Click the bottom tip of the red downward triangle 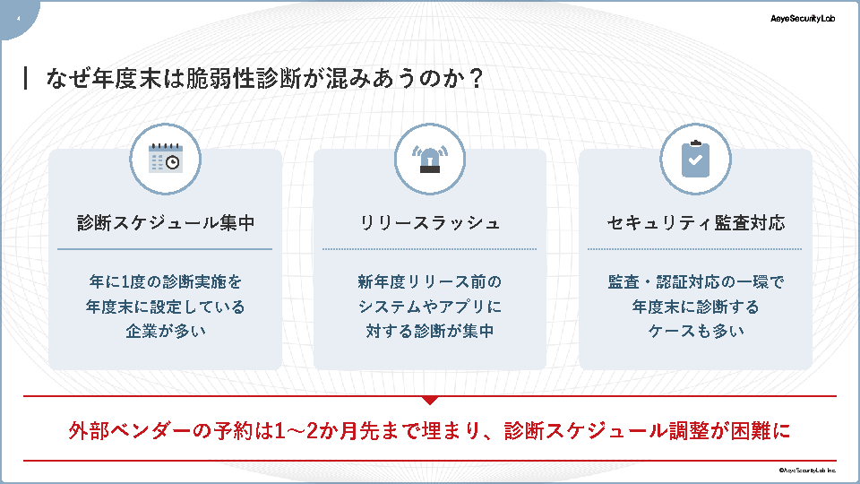coord(430,405)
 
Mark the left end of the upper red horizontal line coord(23,395)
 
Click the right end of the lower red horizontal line coord(837,461)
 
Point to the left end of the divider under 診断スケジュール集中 coord(57,249)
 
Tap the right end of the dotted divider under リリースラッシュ coord(537,249)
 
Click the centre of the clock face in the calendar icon coord(173,163)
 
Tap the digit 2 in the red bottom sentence coord(312,431)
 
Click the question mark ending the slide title coord(476,79)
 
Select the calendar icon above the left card coord(166,158)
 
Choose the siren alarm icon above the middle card coord(430,160)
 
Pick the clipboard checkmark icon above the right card coord(695,160)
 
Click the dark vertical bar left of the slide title coord(25,78)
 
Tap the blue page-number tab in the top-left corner coord(18,18)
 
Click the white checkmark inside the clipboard coord(695,160)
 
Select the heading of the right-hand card coord(695,223)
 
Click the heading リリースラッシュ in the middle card coord(430,223)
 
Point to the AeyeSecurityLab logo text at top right coord(803,19)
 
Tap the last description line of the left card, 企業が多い coord(166,331)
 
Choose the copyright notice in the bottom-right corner coord(807,471)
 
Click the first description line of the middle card coord(430,281)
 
